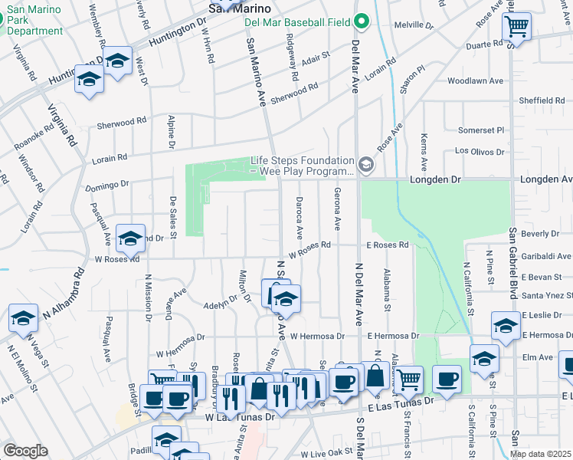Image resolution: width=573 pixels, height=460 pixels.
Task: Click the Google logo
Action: pyautogui.click(x=25, y=451)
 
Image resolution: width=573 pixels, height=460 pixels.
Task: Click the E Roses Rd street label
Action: pyautogui.click(x=387, y=245)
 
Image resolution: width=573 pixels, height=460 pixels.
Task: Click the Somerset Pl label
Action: pyautogui.click(x=481, y=130)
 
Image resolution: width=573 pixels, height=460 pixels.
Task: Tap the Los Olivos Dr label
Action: pyautogui.click(x=483, y=152)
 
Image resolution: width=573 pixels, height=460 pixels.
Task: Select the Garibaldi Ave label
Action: pyautogui.click(x=545, y=256)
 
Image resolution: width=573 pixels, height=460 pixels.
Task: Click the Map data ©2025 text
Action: pyautogui.click(x=540, y=454)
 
